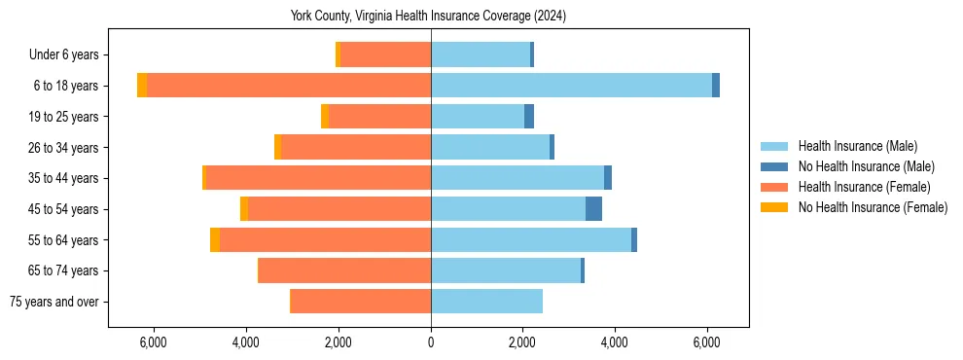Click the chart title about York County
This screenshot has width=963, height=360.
coord(428,17)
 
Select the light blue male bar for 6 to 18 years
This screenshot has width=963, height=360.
coord(571,86)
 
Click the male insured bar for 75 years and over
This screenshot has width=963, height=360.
coord(486,302)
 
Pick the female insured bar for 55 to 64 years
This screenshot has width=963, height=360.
coord(325,240)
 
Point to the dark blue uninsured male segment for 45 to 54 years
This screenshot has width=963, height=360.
coord(593,209)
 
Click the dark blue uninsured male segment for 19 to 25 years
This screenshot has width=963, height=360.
coord(529,117)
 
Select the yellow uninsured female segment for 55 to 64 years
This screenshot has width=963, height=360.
coord(215,240)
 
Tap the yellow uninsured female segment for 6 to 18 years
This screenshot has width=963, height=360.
coord(142,86)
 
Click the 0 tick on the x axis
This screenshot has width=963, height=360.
coord(431,342)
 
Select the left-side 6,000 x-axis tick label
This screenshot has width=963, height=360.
coord(154,342)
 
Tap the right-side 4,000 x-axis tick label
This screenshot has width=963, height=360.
coord(615,342)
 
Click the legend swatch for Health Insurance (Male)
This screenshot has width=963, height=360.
coord(774,146)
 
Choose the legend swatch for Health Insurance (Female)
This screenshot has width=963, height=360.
coord(774,187)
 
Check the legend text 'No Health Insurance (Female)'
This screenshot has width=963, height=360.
coord(873,207)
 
